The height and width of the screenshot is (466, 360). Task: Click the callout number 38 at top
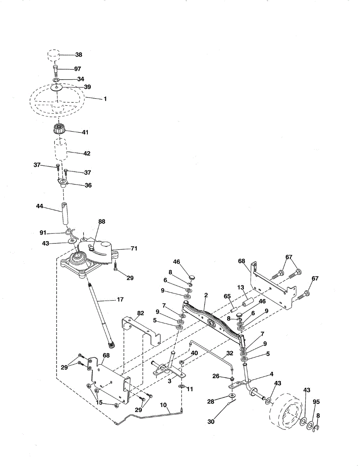tap(78, 55)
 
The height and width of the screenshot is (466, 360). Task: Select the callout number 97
tap(77, 69)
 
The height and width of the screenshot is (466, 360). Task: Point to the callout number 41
tap(85, 132)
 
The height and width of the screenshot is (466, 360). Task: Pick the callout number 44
tap(40, 206)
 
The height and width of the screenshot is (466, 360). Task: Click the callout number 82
tap(140, 313)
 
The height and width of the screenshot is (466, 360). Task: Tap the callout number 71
tap(134, 248)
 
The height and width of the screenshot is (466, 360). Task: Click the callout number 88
tap(102, 221)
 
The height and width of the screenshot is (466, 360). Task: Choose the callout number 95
tap(316, 402)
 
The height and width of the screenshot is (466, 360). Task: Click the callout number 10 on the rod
tap(164, 405)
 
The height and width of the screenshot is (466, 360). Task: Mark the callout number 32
tap(230, 354)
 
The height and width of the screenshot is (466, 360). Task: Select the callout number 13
tap(241, 287)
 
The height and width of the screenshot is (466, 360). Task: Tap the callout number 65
tap(227, 296)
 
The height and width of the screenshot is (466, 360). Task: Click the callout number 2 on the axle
tap(206, 296)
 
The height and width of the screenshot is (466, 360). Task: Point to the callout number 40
tap(194, 353)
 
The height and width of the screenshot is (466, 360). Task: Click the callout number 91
tap(43, 233)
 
